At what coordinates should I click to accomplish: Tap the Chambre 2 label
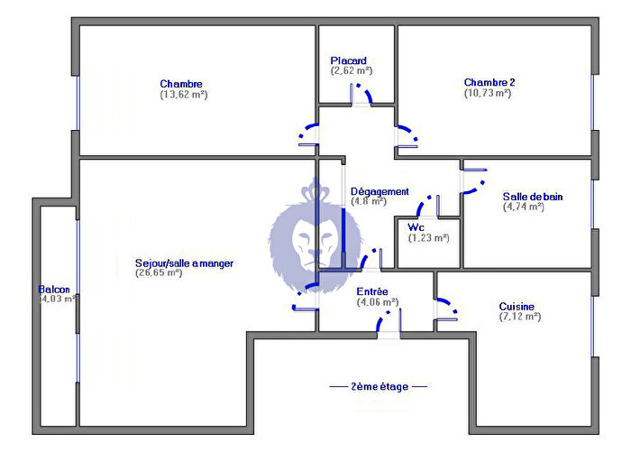click(x=489, y=82)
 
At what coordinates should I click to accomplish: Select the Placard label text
click(x=348, y=60)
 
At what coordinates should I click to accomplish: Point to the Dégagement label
click(x=380, y=191)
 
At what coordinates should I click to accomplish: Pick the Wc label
click(x=416, y=226)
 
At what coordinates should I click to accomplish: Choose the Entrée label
click(x=371, y=291)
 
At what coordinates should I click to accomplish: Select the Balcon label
click(x=54, y=290)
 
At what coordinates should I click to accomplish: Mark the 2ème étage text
click(x=380, y=386)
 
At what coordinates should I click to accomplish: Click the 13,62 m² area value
click(x=184, y=94)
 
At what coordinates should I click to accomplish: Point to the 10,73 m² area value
click(x=489, y=93)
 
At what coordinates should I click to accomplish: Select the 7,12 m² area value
click(x=520, y=317)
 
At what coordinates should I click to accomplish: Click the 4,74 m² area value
click(x=524, y=207)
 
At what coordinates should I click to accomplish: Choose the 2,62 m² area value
click(x=352, y=70)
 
